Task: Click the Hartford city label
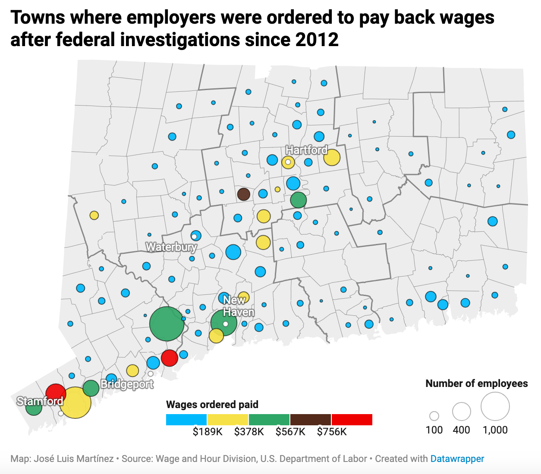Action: (x=307, y=150)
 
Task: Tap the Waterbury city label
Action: (x=171, y=247)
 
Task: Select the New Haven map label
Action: (x=238, y=306)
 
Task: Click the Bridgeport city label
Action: (x=127, y=384)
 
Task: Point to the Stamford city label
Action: (x=40, y=401)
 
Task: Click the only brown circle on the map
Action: (x=244, y=194)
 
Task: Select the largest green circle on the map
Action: (x=167, y=324)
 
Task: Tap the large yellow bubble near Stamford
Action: (x=75, y=403)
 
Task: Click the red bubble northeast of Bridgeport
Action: (x=170, y=358)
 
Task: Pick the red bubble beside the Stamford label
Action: (x=56, y=393)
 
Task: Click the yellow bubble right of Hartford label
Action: (x=332, y=158)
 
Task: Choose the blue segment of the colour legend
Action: (x=186, y=420)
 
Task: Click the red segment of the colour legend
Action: (x=352, y=420)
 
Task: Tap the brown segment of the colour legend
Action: (x=311, y=420)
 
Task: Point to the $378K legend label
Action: (x=249, y=432)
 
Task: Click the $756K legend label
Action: (x=332, y=432)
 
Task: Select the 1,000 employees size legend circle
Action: (x=495, y=406)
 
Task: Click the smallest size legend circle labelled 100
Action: (x=434, y=416)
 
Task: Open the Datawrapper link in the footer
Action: (x=457, y=459)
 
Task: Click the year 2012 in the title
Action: (x=317, y=40)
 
